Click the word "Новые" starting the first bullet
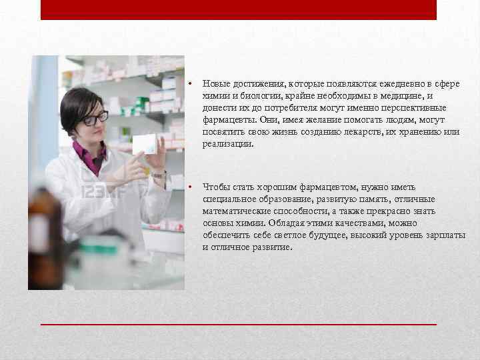point(217,84)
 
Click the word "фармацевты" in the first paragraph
point(226,120)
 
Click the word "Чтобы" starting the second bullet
point(215,187)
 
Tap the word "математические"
point(234,211)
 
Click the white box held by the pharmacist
point(145,144)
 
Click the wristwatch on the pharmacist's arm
point(159,175)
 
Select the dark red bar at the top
point(239,9)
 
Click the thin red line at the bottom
point(239,324)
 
